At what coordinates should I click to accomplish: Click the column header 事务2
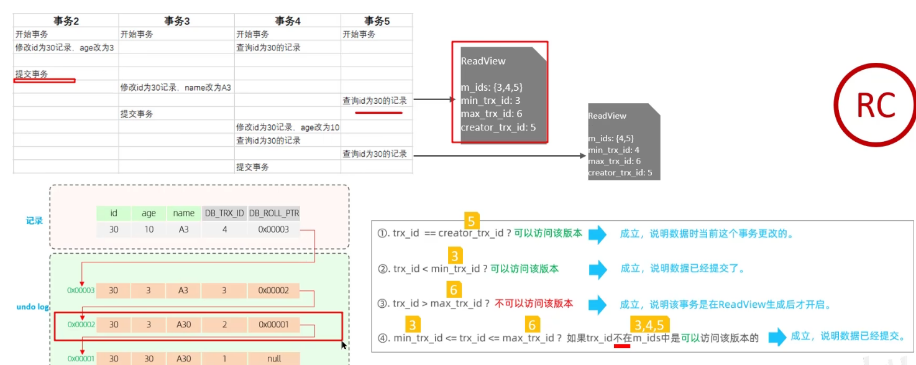point(66,21)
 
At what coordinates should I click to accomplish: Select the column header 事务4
point(287,21)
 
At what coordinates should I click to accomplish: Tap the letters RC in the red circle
point(876,106)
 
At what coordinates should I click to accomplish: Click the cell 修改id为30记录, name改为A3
point(176,88)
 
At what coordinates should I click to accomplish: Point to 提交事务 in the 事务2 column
point(32,74)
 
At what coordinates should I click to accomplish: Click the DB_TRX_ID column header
point(224,213)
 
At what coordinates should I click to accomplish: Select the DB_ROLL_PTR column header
point(274,213)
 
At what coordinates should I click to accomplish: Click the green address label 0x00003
point(81,290)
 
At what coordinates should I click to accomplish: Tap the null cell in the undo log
point(274,359)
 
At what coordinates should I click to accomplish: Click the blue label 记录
point(34,220)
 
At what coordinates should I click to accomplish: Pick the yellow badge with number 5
point(472,221)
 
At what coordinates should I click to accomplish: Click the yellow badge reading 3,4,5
point(649,325)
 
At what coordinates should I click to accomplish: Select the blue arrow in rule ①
point(597,234)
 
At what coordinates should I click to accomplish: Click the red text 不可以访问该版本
point(534,304)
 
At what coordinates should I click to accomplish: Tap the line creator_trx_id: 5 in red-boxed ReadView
point(498,127)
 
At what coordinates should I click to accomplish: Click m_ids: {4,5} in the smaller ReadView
point(611,138)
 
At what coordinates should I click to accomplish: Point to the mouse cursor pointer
point(344,344)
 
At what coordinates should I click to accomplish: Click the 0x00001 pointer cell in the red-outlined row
point(274,324)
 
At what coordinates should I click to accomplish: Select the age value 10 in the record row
point(149,229)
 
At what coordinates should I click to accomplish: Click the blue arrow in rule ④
point(777,338)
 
